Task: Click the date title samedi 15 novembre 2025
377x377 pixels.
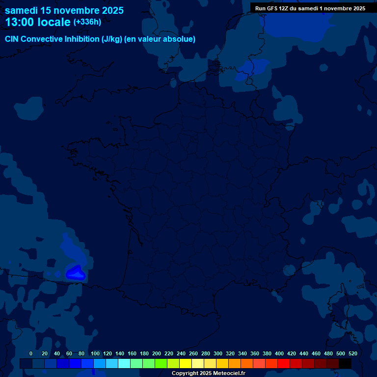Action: click(64, 10)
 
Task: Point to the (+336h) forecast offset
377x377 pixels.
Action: click(87, 22)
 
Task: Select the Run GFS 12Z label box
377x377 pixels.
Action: click(310, 8)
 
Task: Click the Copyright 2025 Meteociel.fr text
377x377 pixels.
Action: click(208, 374)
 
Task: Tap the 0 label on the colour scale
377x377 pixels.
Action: click(31, 353)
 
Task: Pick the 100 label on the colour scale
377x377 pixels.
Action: click(95, 353)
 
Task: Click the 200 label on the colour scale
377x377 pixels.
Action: click(157, 353)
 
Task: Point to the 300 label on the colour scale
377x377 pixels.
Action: click(218, 353)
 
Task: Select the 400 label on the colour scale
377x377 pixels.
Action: click(279, 353)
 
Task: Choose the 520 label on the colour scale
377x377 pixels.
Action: click(352, 353)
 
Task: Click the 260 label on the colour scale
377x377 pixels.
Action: click(193, 353)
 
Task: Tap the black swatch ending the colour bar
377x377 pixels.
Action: click(345, 364)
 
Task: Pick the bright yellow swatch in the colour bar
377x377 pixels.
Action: click(186, 364)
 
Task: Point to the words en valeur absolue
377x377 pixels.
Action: click(167, 39)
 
